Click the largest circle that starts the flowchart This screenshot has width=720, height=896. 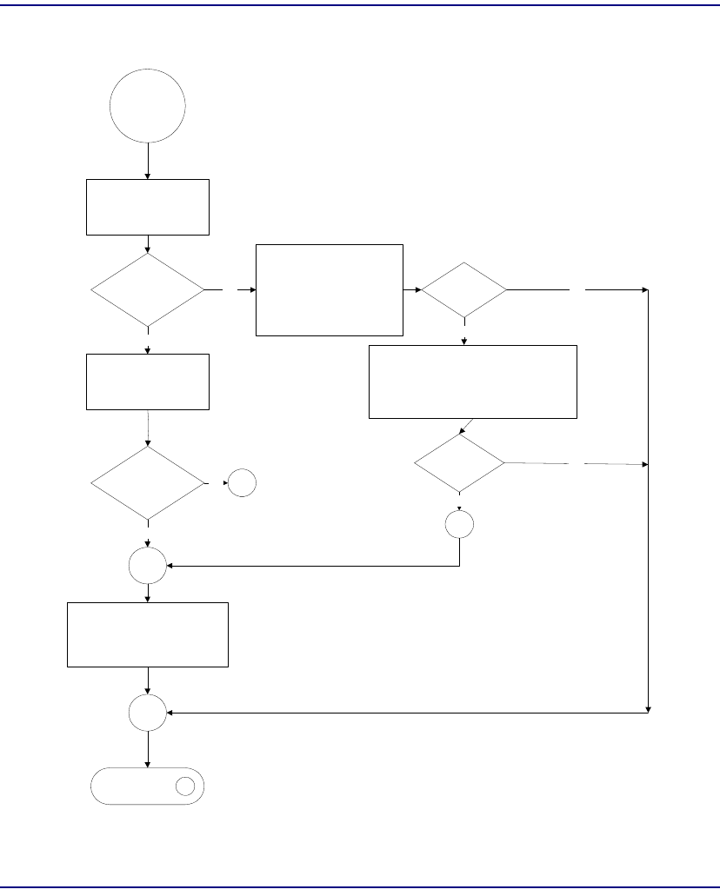148,105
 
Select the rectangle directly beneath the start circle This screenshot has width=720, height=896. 148,207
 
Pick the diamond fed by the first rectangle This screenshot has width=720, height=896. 148,290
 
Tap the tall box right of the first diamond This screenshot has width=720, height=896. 330,289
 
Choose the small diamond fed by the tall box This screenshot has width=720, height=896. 463,290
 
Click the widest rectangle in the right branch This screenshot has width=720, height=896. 473,382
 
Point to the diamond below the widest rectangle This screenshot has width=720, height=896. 459,464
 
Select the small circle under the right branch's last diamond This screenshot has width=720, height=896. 459,524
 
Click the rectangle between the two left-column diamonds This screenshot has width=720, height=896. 148,382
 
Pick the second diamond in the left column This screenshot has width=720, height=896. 148,482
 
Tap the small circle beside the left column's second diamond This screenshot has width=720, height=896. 242,484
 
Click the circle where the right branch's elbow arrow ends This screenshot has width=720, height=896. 148,567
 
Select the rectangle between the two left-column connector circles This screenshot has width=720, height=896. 148,634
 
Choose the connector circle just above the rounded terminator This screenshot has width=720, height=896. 148,713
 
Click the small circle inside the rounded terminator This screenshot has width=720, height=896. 184,786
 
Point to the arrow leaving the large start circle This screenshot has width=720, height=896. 148,161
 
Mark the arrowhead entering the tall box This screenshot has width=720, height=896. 251,290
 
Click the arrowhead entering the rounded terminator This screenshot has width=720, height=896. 148,764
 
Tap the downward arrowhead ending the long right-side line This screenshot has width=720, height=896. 649,709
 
